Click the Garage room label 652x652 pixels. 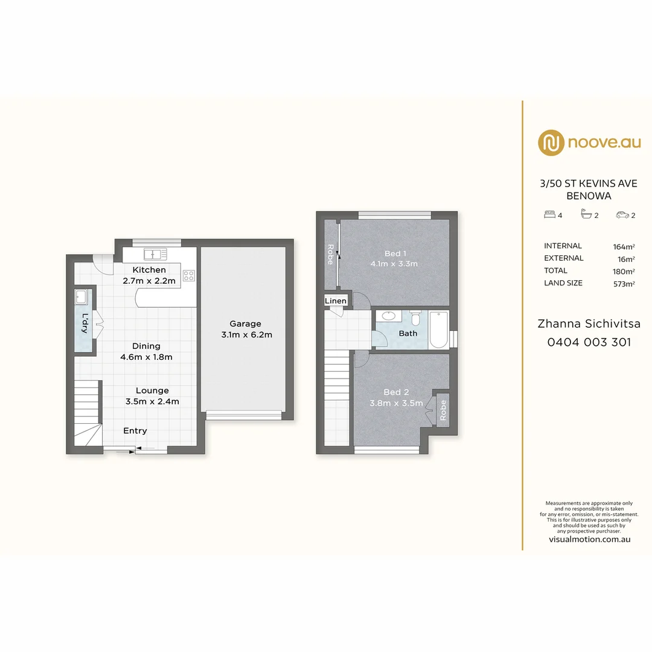(245, 324)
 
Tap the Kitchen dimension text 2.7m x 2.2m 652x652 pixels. (149, 280)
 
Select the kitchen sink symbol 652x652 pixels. (155, 254)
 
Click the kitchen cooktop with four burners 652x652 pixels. (189, 275)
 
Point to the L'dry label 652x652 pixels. (85, 323)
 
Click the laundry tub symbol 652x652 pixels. (81, 297)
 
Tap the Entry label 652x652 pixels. (135, 430)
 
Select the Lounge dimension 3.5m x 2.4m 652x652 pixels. (152, 401)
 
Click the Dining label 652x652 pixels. (146, 346)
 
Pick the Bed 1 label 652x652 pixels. (395, 253)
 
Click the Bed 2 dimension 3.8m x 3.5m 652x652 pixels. (396, 403)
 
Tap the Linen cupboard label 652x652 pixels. (336, 301)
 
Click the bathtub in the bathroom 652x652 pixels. (439, 330)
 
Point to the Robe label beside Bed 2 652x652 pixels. (443, 411)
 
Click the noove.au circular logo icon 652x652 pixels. (551, 142)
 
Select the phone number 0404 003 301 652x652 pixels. (589, 342)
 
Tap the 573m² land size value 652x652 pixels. (623, 283)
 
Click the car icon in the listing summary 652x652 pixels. (621, 214)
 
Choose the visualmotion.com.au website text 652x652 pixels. (589, 539)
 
